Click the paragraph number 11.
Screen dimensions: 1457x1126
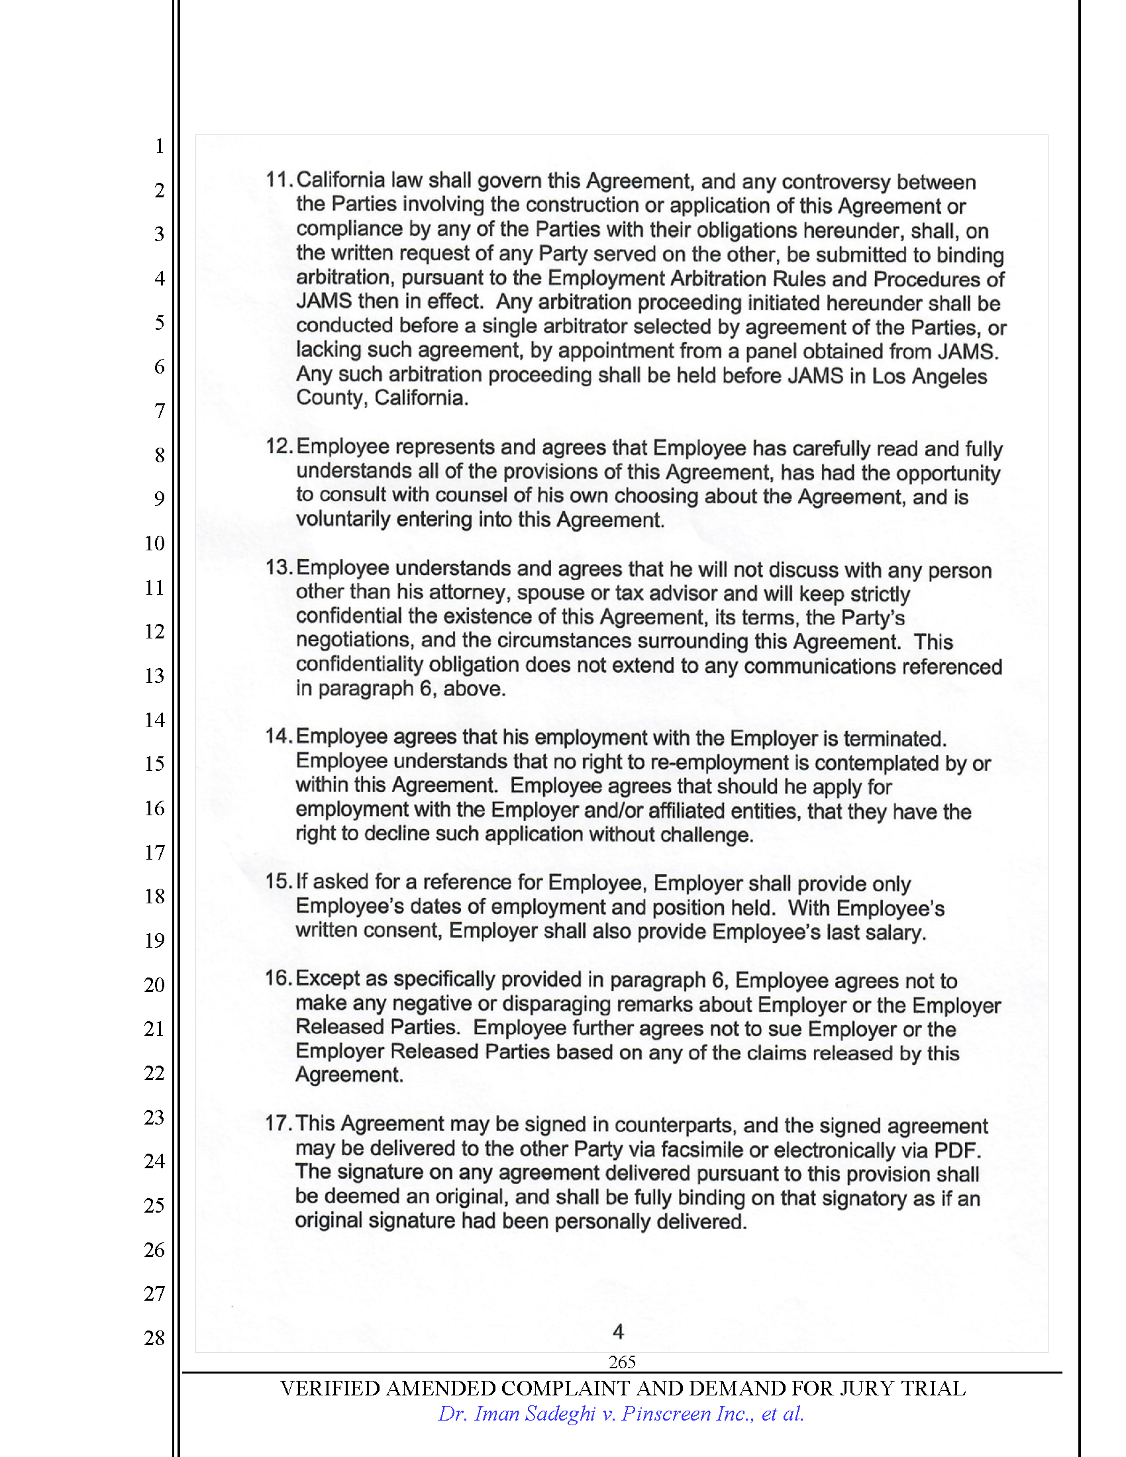click(x=278, y=179)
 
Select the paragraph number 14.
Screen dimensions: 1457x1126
click(x=278, y=736)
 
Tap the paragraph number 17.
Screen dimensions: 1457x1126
click(x=278, y=1123)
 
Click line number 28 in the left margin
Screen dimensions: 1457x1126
click(x=154, y=1338)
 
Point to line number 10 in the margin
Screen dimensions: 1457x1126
click(x=154, y=543)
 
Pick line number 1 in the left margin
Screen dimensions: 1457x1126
click(x=160, y=146)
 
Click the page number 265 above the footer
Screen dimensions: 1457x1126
click(x=622, y=1362)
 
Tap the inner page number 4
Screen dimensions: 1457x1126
click(x=618, y=1332)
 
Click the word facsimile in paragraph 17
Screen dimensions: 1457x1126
click(x=702, y=1150)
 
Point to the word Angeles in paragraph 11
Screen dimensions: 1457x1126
click(x=949, y=376)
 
